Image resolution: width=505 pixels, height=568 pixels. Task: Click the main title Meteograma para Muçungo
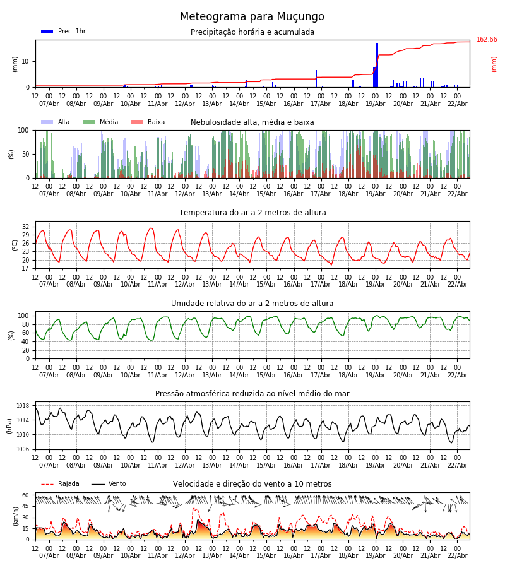pos(252,17)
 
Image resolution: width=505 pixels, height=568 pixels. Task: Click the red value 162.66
pos(487,40)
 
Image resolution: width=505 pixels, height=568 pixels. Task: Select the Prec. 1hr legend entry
pos(63,32)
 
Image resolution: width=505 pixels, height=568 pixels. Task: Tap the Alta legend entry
pos(56,122)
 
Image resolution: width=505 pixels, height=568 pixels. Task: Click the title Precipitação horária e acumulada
pos(252,32)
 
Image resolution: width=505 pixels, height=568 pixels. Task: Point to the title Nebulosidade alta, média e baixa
pos(252,122)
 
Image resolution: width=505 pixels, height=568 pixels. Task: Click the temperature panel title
pos(252,213)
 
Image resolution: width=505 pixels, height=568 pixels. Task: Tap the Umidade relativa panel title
pos(252,304)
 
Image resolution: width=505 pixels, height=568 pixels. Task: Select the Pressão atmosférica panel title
pos(252,394)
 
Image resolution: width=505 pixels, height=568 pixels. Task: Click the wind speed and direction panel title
pos(252,484)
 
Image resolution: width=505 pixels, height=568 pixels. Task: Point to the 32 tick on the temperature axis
pos(26,227)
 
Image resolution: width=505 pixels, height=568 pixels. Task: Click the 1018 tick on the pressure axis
pos(23,406)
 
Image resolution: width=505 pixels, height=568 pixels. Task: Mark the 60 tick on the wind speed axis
pos(26,495)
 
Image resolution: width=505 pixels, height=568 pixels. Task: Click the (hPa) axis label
pos(9,425)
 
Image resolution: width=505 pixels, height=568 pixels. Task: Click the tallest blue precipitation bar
pos(377,64)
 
